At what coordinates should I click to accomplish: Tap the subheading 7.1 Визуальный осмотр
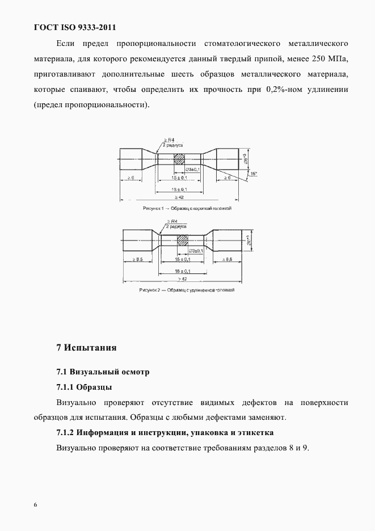(103, 372)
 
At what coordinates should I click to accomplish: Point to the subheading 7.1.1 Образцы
(84, 387)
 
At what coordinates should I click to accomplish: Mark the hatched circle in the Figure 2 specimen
(183, 241)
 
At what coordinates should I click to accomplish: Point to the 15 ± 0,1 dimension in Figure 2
(182, 259)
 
